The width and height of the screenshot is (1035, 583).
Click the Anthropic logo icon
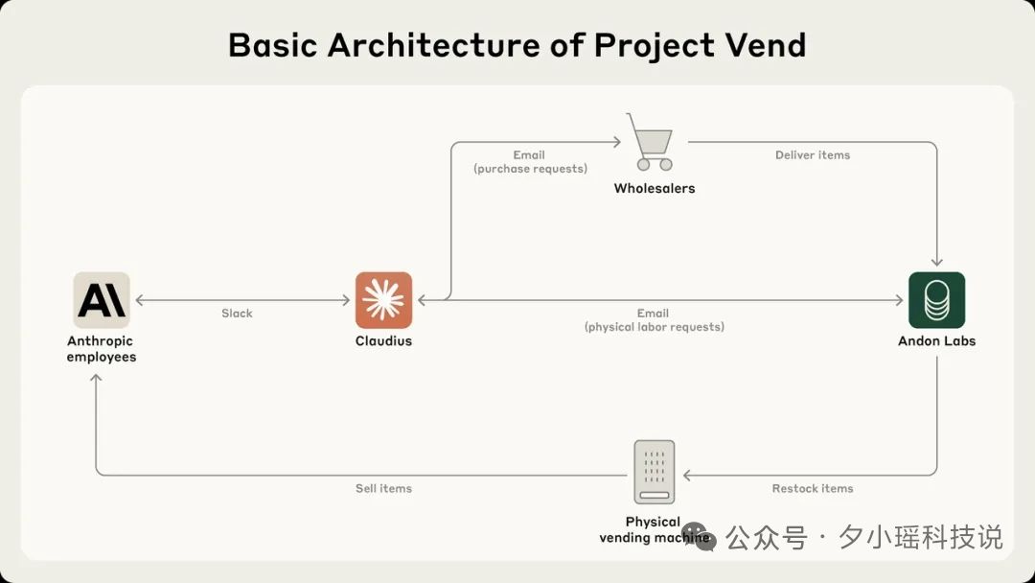coord(102,300)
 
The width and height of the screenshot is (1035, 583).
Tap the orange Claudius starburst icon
coord(383,300)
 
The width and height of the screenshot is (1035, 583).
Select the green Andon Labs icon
coord(936,300)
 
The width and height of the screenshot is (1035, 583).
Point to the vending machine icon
coord(655,472)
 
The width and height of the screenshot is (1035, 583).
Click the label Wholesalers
coord(655,188)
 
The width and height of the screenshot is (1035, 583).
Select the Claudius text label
coord(383,340)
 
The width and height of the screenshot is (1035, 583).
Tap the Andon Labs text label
coord(936,340)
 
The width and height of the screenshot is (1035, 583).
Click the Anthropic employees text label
coord(102,349)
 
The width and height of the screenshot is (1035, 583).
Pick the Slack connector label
coord(237,313)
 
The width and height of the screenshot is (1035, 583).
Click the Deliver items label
coord(813,155)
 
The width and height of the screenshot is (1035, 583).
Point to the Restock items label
coord(813,489)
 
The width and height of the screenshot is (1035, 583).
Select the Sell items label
coord(383,489)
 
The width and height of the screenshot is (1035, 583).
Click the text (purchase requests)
coord(530,169)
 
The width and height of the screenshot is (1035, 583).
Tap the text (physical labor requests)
coord(655,327)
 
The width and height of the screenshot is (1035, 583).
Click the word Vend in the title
coord(766,46)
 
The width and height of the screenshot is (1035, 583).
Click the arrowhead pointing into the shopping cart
coord(616,142)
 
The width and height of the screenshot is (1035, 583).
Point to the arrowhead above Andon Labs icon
coord(936,262)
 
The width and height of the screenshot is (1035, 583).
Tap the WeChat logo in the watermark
coord(699,537)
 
